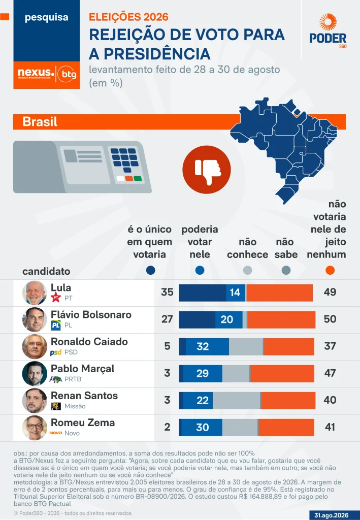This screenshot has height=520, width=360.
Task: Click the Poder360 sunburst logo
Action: pos(328,22)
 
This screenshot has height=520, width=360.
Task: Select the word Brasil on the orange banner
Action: pos(40,122)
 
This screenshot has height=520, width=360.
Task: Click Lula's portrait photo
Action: pos(35,293)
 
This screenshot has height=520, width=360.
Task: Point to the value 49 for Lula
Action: pos(330,292)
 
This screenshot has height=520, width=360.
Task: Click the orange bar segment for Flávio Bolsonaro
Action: pos(281,320)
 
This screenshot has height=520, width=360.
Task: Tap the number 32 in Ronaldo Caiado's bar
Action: pos(203,346)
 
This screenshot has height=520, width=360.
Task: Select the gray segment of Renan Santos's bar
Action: pos(236,401)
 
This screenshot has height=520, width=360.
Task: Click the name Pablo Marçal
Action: pos(83,369)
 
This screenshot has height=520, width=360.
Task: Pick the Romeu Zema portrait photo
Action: pos(35,428)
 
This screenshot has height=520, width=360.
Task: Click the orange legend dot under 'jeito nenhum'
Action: pos(330,270)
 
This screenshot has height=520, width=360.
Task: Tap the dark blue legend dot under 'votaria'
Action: pos(150,270)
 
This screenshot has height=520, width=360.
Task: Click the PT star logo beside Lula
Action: pos(56,298)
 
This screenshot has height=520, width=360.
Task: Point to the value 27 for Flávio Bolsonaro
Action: pos(167,319)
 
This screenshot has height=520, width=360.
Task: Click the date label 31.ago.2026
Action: pos(332,515)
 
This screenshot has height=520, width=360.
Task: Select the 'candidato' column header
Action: pos(46,271)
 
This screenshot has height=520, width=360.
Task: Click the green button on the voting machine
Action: pos(138,179)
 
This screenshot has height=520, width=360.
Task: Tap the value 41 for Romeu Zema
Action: pos(330,427)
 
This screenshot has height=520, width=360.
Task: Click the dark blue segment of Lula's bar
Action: pos(203,293)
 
